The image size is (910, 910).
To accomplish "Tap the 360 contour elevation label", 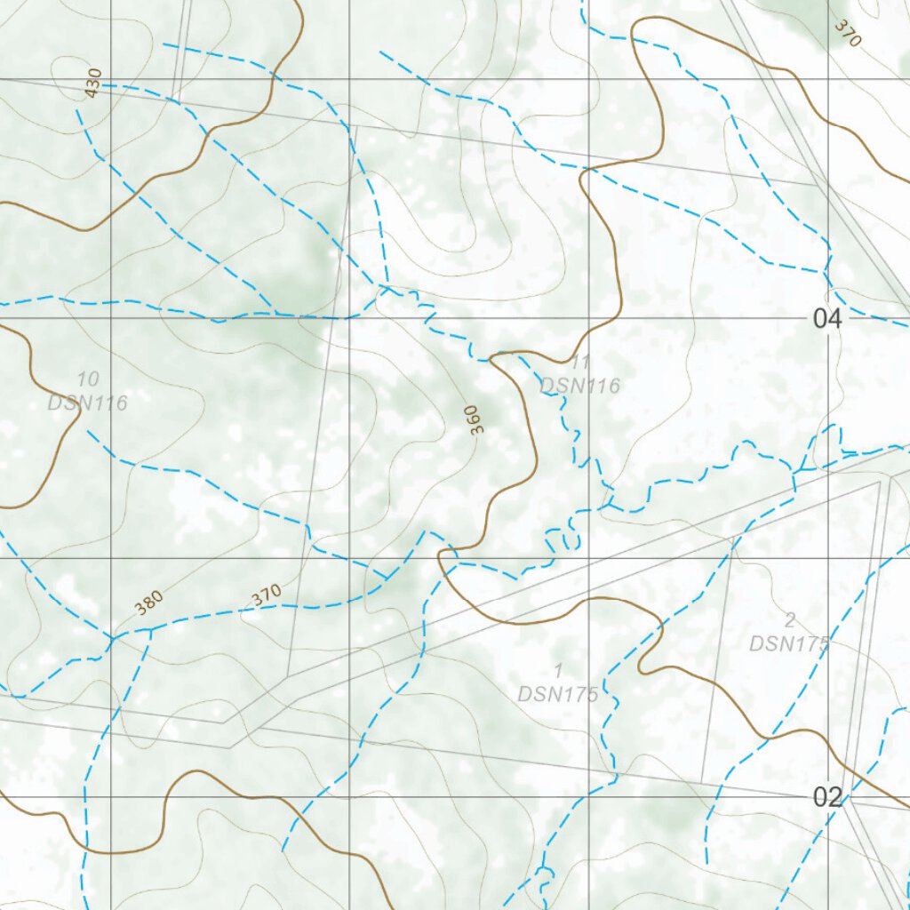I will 475,419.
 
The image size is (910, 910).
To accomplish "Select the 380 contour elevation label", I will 149,603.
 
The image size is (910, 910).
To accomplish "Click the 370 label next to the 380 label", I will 266,595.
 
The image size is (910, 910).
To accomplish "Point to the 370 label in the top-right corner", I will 848,33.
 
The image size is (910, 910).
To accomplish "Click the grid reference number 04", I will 826,318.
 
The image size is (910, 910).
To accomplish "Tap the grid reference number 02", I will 826,797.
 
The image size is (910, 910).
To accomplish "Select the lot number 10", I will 88,380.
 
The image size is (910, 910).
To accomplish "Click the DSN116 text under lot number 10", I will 88,403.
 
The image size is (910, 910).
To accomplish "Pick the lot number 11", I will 580,363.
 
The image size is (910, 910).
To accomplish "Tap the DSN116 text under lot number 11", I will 580,386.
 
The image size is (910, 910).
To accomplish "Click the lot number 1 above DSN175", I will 558,670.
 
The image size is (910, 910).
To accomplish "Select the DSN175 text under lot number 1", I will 558,694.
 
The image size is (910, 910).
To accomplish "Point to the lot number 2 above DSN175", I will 789,620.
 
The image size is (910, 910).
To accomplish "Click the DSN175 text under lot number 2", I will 789,643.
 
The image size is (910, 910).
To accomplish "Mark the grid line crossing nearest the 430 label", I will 111,79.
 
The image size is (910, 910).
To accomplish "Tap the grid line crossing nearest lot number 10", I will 111,318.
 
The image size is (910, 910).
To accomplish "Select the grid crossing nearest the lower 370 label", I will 350,558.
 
